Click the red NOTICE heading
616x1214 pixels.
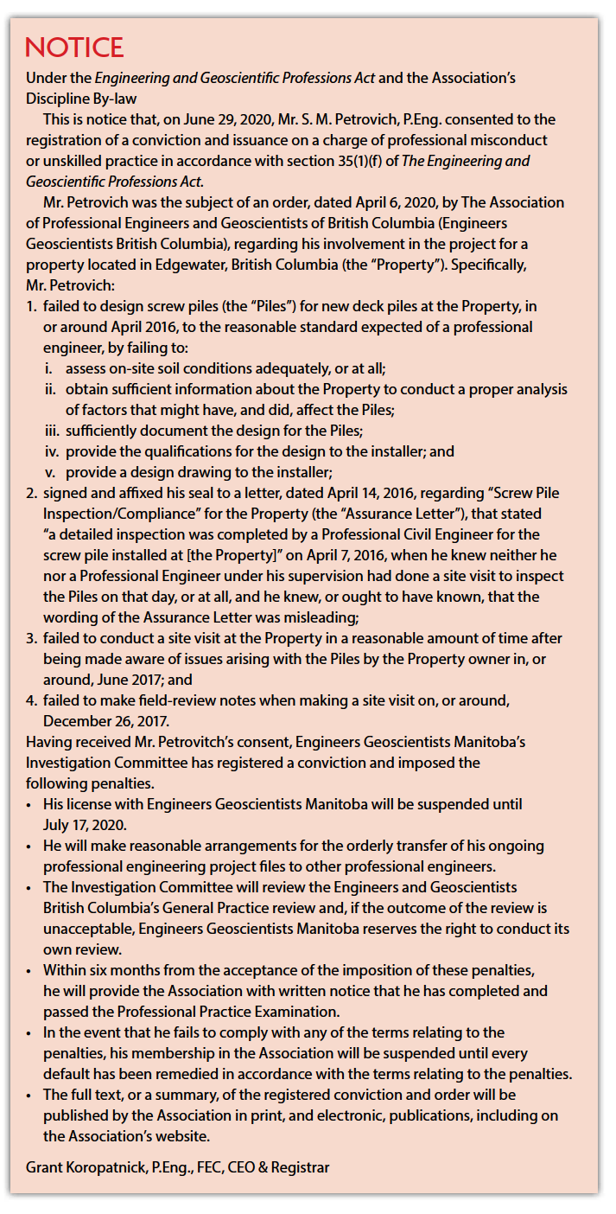(74, 47)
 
